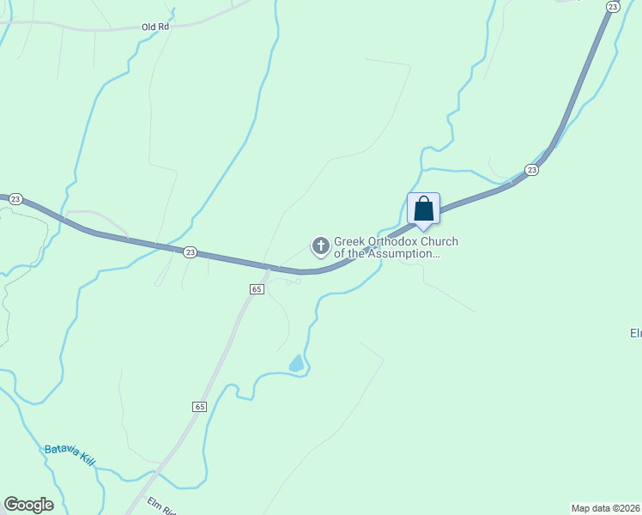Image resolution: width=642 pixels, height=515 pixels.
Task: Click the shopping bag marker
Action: tap(423, 209)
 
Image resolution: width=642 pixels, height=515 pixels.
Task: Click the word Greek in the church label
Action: tap(349, 242)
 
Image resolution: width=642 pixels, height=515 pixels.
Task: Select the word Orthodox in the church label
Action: tap(395, 242)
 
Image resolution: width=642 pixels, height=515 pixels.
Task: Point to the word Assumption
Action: tap(409, 253)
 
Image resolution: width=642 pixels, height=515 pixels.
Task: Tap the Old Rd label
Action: tap(156, 27)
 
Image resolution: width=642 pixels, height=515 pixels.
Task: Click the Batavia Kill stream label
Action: tap(70, 455)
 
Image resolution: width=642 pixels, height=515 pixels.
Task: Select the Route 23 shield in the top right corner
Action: tap(612, 6)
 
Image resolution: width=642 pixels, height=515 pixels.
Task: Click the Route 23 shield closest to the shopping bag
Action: tap(532, 170)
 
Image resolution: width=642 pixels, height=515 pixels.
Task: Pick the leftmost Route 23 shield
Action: tap(15, 199)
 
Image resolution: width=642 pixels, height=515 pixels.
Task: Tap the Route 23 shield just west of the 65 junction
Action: tap(190, 251)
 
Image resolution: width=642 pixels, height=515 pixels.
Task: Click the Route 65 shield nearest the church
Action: tap(257, 289)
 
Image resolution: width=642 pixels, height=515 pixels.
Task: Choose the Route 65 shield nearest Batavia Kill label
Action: tap(200, 406)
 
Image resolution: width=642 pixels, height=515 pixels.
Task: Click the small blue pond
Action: tap(297, 364)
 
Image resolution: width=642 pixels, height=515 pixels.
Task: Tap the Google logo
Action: tap(28, 505)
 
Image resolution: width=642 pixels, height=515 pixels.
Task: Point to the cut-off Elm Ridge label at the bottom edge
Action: tap(160, 506)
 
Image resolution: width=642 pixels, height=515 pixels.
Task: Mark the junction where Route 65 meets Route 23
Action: tap(270, 270)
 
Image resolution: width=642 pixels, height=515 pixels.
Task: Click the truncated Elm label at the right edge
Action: tap(636, 333)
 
